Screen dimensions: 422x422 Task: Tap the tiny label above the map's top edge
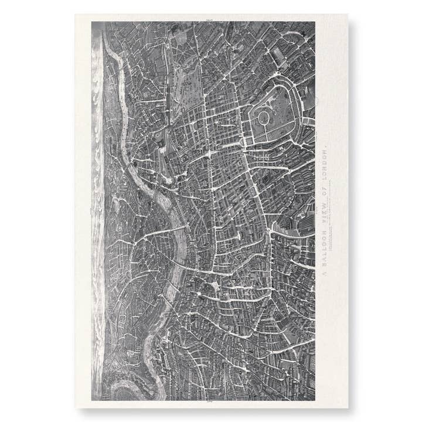pos(209,20)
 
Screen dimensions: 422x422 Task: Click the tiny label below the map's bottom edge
pos(209,403)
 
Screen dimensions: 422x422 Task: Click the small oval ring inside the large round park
pos(264,119)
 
